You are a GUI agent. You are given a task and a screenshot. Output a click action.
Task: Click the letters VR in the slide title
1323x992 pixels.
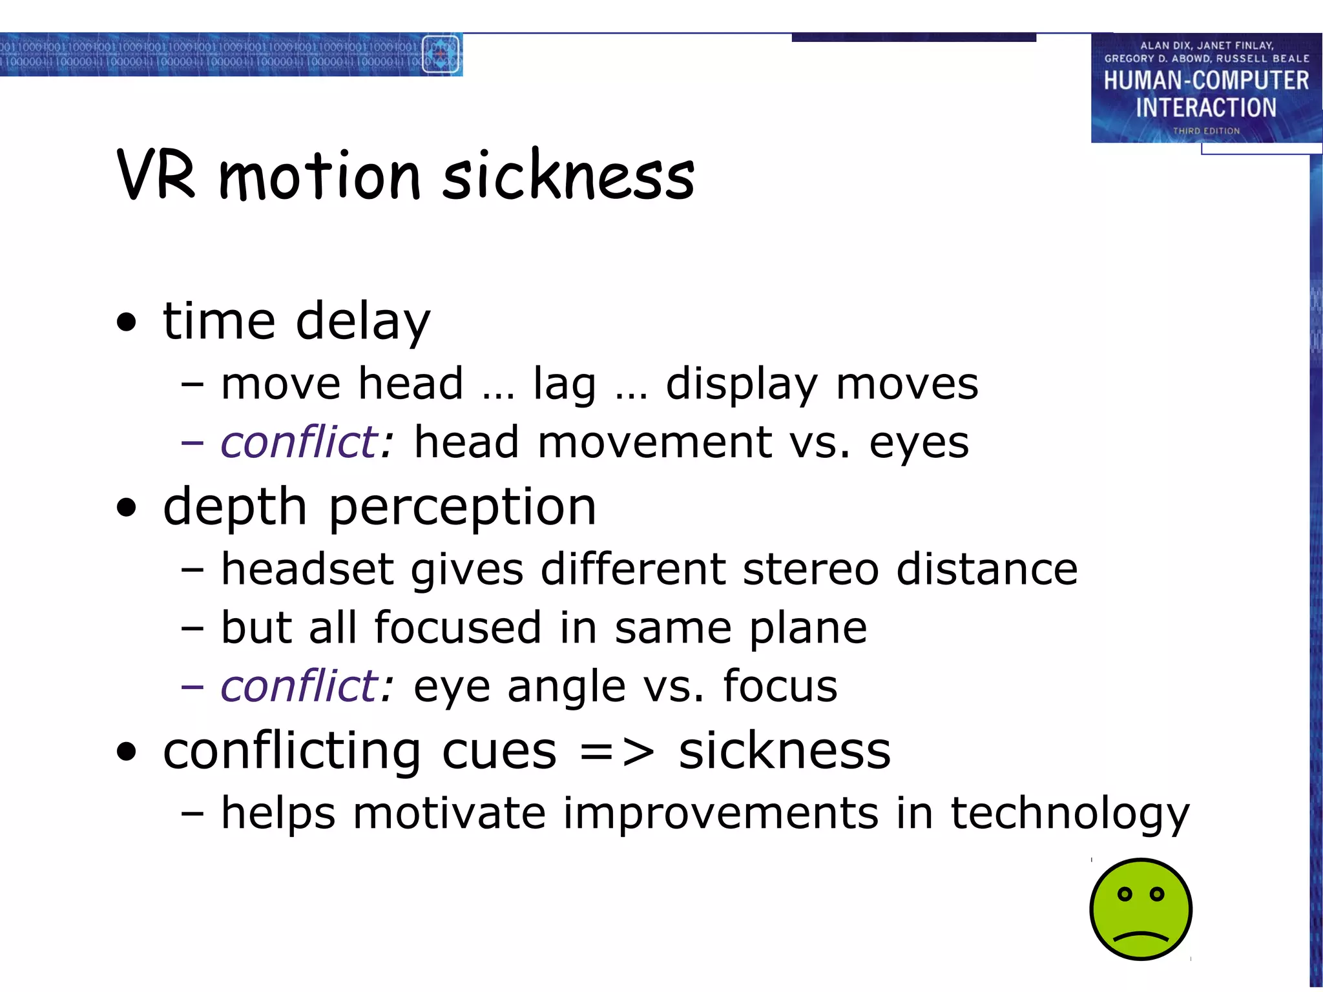pyautogui.click(x=156, y=175)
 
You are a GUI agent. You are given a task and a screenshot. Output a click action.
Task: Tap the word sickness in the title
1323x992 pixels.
pyautogui.click(x=568, y=175)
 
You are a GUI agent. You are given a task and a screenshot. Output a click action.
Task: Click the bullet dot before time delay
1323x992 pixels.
pyautogui.click(x=127, y=322)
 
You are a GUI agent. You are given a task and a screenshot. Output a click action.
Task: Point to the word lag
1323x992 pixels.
pyautogui.click(x=564, y=384)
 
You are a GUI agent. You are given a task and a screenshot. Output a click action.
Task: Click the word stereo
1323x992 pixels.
pyautogui.click(x=811, y=569)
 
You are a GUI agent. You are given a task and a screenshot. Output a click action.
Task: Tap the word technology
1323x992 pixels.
pyautogui.click(x=1069, y=813)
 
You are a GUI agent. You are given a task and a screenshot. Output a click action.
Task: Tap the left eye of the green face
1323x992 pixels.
pyautogui.click(x=1125, y=894)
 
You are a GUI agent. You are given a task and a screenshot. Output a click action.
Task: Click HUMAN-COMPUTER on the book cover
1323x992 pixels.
pyautogui.click(x=1206, y=81)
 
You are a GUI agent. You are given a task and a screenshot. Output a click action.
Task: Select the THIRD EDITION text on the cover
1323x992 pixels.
pyautogui.click(x=1206, y=131)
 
